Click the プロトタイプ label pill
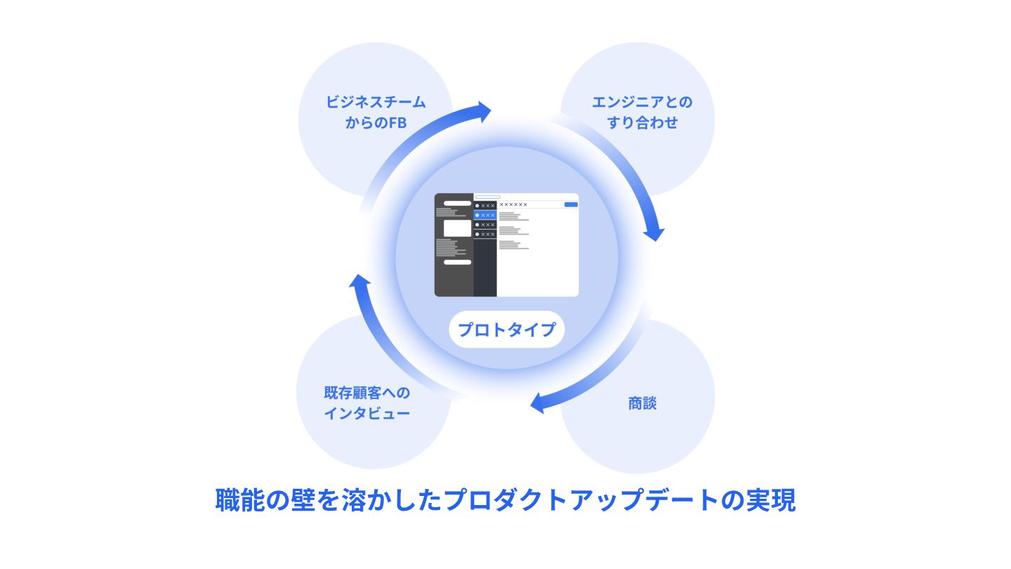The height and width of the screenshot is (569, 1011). coord(506,329)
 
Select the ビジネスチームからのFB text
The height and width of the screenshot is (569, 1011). coord(376,112)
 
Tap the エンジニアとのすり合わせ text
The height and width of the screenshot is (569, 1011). coord(642,112)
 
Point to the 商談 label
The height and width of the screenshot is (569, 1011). coord(642,403)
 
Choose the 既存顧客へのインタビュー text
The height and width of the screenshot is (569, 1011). coord(366,403)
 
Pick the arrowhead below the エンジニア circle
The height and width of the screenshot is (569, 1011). coord(653,230)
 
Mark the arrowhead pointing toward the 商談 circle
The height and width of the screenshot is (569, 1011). coord(541,403)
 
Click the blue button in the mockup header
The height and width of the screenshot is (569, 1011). coord(571,204)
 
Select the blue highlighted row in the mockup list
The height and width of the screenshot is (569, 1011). coord(485,215)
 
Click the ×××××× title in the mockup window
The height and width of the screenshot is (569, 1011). coord(513,204)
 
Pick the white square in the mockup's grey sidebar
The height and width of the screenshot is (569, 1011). coord(457,228)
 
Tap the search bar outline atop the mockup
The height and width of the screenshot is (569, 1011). coord(487,197)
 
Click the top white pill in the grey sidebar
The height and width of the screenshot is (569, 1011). coord(457,203)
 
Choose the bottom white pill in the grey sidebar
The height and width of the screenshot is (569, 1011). coord(457,262)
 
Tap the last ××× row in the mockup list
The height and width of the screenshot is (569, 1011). coord(485,234)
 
